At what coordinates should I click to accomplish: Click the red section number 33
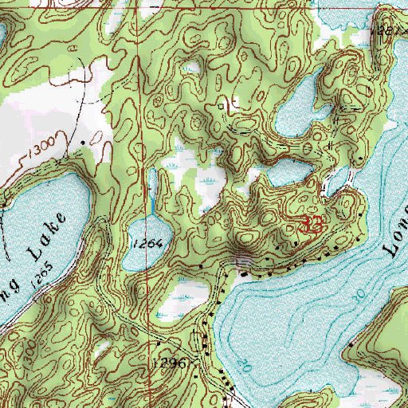coord(310,224)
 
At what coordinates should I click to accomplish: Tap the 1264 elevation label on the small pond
coord(148,244)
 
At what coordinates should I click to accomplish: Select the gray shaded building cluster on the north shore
coord(242,261)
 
